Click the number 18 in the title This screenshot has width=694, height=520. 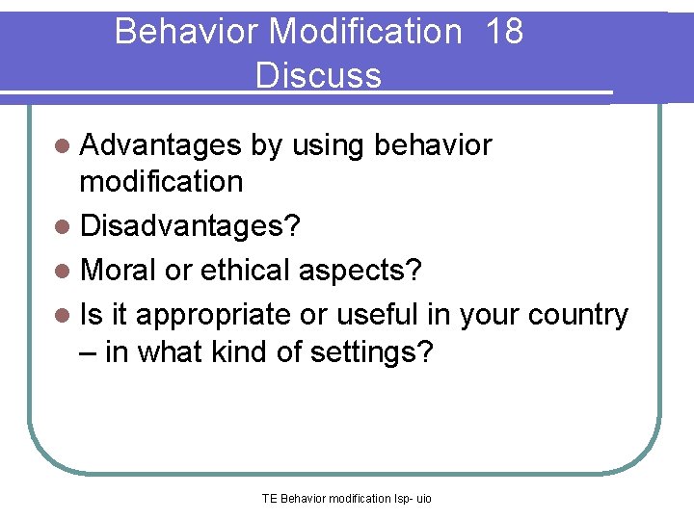click(x=504, y=32)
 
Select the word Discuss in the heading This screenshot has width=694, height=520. click(x=318, y=75)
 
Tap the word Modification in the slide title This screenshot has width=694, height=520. click(x=366, y=32)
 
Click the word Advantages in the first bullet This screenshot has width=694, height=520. click(x=160, y=145)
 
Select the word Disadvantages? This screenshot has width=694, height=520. click(x=190, y=227)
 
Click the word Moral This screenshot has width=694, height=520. click(x=119, y=271)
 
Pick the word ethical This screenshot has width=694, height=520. click(x=248, y=271)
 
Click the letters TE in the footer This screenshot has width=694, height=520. click(x=269, y=499)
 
